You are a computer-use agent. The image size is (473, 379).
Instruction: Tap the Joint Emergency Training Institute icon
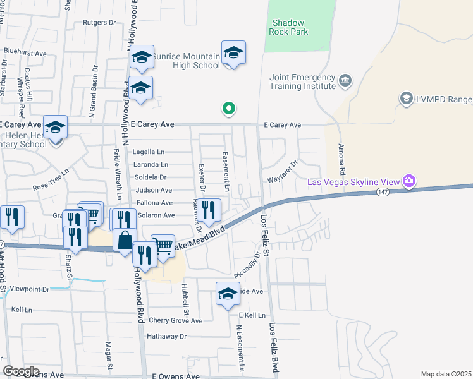345,80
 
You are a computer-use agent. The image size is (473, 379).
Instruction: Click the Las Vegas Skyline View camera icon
409,182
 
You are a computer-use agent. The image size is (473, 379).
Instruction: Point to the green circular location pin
229,109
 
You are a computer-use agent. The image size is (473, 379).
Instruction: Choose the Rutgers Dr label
100,22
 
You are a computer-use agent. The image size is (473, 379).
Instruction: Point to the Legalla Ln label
148,152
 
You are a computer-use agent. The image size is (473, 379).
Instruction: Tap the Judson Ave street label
153,190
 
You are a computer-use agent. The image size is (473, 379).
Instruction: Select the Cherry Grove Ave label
175,321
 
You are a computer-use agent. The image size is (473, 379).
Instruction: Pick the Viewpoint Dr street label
25,289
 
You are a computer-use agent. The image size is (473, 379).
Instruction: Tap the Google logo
21,371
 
